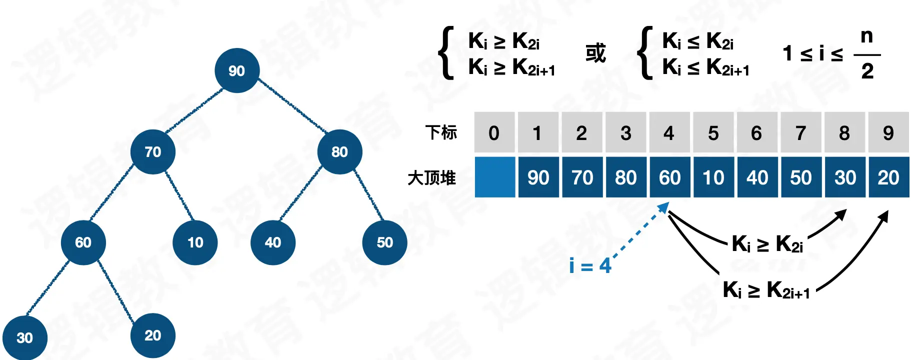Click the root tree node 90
pyautogui.click(x=237, y=70)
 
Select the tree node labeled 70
pyautogui.click(x=153, y=151)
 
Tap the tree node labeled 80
pyautogui.click(x=339, y=151)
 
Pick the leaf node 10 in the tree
pyautogui.click(x=195, y=242)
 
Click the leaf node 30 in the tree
pyautogui.click(x=24, y=338)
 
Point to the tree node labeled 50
pyautogui.click(x=384, y=242)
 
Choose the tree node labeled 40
pyautogui.click(x=273, y=242)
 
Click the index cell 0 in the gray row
pyautogui.click(x=494, y=132)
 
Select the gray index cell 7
pyautogui.click(x=800, y=132)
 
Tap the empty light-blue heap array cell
pyautogui.click(x=494, y=177)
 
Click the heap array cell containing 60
pyautogui.click(x=669, y=177)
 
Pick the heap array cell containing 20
pyautogui.click(x=888, y=177)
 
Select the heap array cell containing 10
pyautogui.click(x=713, y=177)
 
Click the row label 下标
pyautogui.click(x=441, y=132)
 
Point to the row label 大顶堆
pyautogui.click(x=431, y=177)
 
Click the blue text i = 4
pyautogui.click(x=590, y=265)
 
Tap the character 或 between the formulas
pyautogui.click(x=595, y=53)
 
